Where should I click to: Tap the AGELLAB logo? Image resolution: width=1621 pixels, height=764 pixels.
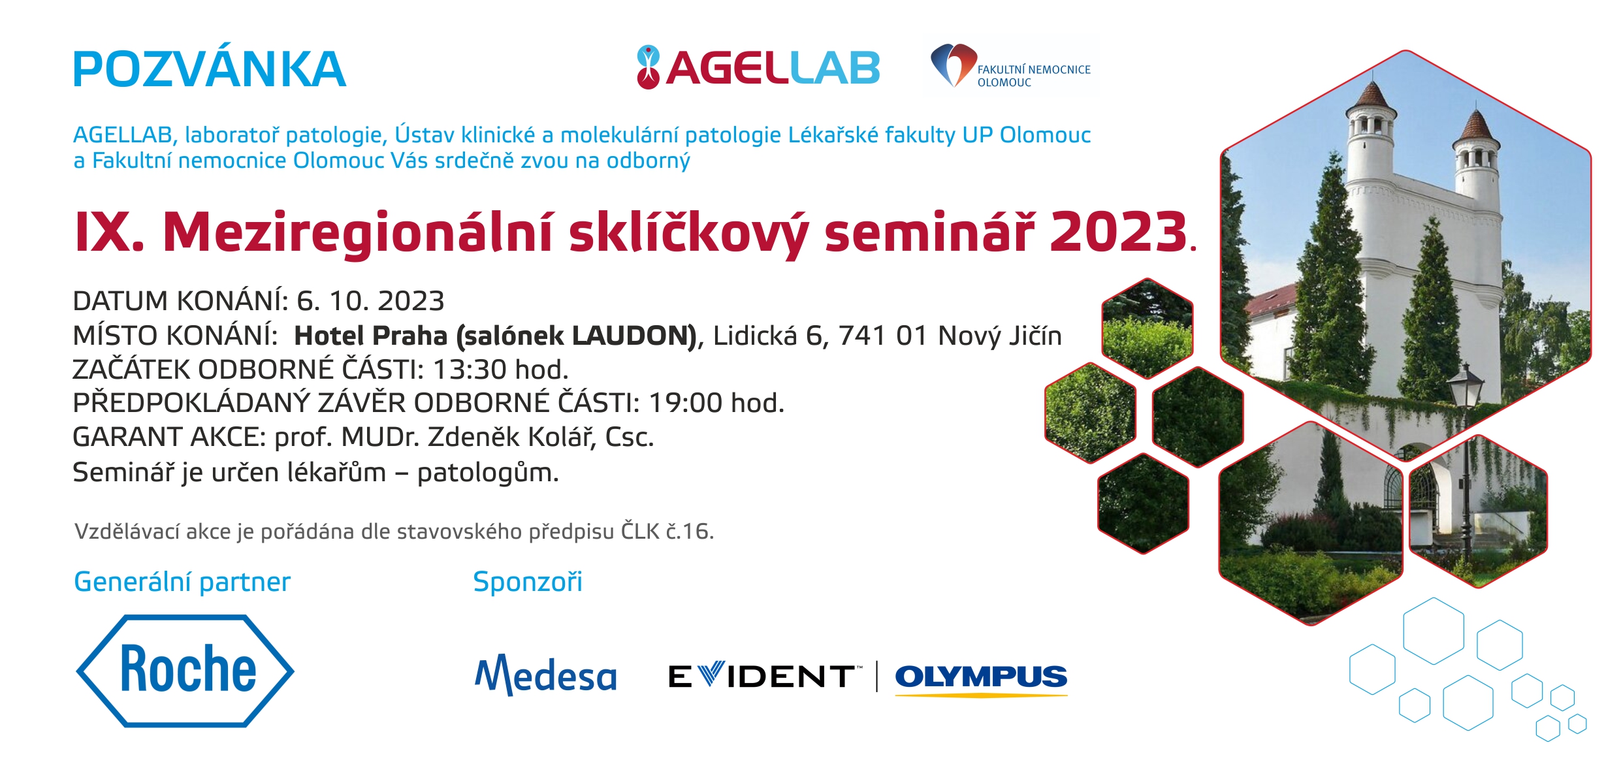tap(758, 67)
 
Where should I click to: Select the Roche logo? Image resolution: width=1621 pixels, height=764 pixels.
tap(185, 671)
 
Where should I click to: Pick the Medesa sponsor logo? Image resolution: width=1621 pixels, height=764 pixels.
tap(546, 675)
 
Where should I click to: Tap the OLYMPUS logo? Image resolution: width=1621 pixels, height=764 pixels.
tap(981, 678)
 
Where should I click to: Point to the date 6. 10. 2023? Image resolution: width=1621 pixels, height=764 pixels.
tap(370, 301)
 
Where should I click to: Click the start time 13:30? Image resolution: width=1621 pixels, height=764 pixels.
tap(470, 370)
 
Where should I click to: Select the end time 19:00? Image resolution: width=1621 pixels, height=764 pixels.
tap(685, 403)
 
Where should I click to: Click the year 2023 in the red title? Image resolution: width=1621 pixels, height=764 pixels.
tap(1118, 232)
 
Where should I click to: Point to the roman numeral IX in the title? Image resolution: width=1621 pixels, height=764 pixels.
tap(102, 232)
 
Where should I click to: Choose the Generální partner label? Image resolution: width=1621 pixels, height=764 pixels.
tap(182, 582)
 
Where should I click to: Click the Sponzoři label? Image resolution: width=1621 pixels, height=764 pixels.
tap(528, 582)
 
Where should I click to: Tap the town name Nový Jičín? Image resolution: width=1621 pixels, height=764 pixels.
tap(999, 336)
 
